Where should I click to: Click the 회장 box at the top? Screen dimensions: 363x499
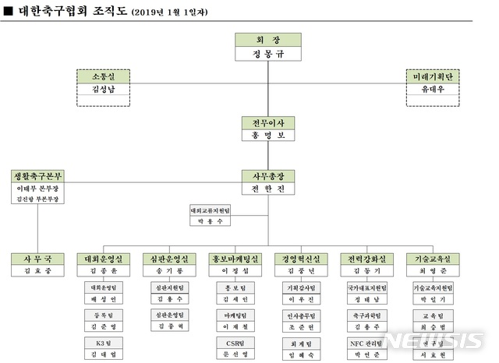268,40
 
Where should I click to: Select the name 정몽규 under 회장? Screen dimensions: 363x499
268,54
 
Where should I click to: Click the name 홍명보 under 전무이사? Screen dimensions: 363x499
268,136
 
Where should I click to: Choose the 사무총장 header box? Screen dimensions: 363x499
268,176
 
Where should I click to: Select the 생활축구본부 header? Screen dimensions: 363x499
37,175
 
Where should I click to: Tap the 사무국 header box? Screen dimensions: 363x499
37,259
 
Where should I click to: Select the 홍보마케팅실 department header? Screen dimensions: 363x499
235,259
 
